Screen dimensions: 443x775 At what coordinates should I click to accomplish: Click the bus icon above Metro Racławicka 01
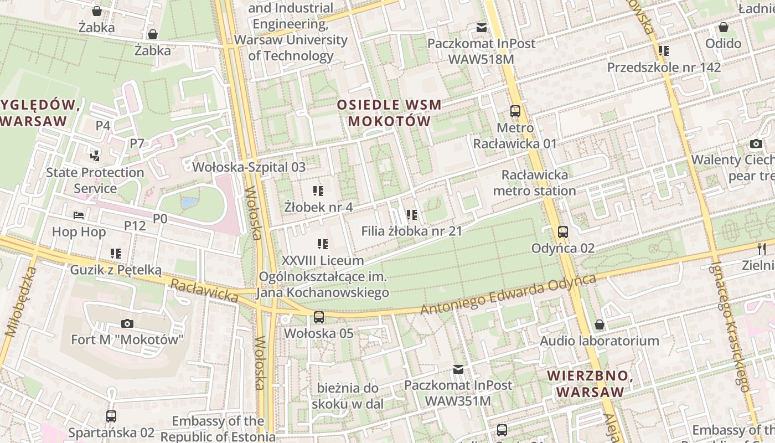point(515,111)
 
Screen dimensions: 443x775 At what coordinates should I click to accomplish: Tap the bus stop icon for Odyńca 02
point(562,232)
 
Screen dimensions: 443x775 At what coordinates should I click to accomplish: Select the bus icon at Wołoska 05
point(318,317)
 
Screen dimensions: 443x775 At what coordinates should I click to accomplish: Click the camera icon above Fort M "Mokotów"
point(127,323)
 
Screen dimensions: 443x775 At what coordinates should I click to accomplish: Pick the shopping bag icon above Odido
point(723,27)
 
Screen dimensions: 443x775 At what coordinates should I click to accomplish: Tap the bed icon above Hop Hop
point(79,215)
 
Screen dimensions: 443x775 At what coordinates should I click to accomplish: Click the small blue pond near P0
point(189,203)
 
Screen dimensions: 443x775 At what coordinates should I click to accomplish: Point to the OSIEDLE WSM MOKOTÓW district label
point(389,113)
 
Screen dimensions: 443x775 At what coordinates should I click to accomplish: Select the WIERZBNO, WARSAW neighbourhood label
point(590,384)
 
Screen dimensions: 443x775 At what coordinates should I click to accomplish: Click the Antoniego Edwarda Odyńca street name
point(508,295)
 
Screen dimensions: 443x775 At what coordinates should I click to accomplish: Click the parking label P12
point(135,225)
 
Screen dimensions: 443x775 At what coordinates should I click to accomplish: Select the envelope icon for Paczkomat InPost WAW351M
point(458,369)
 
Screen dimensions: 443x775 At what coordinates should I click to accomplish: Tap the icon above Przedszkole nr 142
point(663,51)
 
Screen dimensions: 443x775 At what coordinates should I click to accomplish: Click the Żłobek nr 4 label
point(318,207)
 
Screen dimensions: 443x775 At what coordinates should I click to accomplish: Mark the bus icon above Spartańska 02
point(111,416)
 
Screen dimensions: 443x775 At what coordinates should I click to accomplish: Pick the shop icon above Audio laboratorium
point(599,324)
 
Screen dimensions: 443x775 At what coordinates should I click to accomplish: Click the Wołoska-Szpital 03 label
point(249,167)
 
